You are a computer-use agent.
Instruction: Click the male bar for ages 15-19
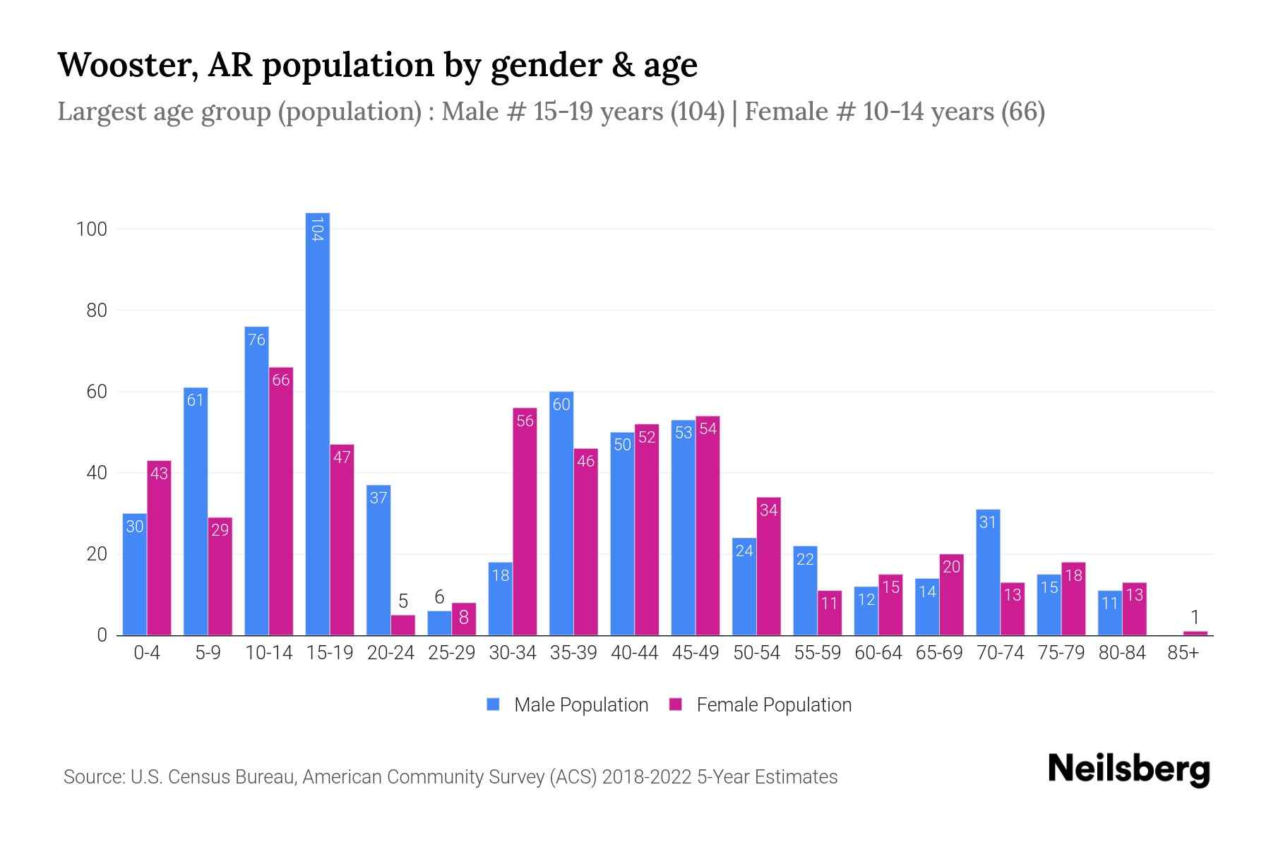pos(318,423)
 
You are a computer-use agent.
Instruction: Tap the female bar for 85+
pos(1195,632)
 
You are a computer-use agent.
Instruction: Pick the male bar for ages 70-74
pos(988,572)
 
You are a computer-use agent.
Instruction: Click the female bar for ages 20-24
pos(402,625)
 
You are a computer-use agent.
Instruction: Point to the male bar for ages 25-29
pos(439,623)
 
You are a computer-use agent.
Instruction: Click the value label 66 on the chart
pos(281,380)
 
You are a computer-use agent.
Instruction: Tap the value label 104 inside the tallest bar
pos(318,229)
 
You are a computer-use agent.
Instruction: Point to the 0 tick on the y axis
pos(102,635)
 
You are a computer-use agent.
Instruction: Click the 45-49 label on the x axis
pos(695,653)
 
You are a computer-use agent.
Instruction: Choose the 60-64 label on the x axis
pos(878,653)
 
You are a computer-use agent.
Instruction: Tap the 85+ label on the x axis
pos(1183,653)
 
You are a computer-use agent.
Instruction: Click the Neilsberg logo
pos(1128,769)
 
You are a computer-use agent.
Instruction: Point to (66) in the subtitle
pos(1022,112)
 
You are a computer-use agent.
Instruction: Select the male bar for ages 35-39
pos(561,513)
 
